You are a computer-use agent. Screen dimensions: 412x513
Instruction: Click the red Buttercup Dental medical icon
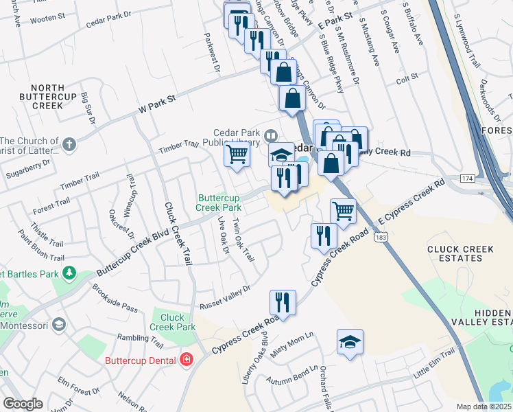click(185, 360)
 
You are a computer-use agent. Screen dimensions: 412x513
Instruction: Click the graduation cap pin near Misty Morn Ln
click(350, 342)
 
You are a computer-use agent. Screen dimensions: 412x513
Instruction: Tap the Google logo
click(23, 404)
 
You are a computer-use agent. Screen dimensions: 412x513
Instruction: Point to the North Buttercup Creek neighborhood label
click(47, 97)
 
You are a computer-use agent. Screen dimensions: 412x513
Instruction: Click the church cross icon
click(68, 144)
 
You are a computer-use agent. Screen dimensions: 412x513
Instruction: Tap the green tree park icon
click(69, 274)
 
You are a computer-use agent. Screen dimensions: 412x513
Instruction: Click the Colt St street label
click(407, 80)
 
